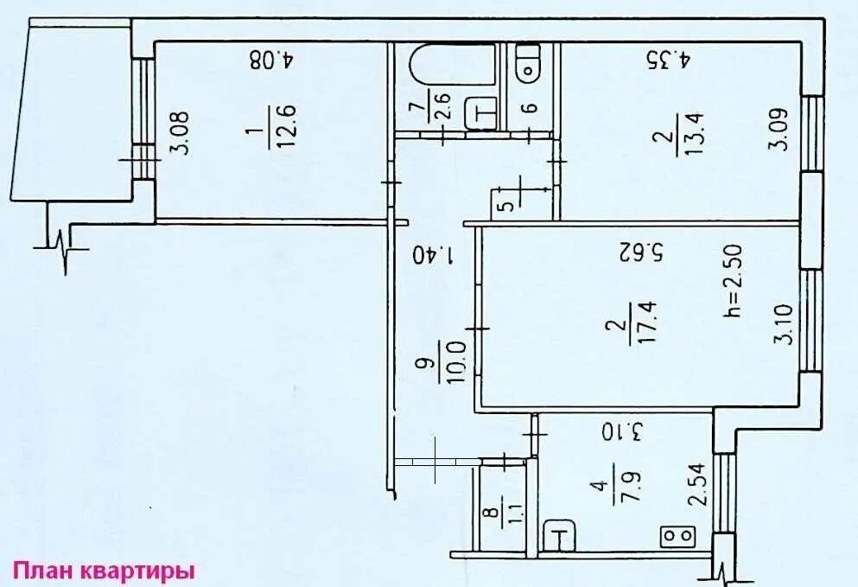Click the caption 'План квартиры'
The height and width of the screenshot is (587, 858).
tap(104, 571)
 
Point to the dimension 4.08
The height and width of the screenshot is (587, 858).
tap(273, 61)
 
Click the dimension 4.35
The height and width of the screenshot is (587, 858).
tap(671, 61)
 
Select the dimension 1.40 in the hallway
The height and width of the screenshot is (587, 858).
tap(433, 254)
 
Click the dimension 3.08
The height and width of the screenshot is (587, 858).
tap(179, 131)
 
